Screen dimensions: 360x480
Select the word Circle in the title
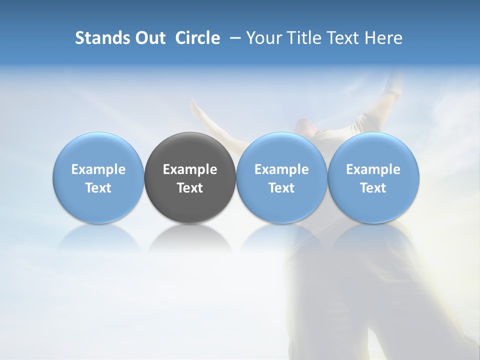[x=197, y=38]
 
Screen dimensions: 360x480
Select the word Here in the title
[x=384, y=38]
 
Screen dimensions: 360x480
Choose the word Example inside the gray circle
[x=190, y=169]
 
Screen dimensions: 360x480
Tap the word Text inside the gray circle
[x=190, y=188]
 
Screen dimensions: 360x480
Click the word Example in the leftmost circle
[x=98, y=169]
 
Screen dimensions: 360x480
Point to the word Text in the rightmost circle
[x=373, y=188]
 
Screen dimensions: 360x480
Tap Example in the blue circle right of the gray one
[x=281, y=169]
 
